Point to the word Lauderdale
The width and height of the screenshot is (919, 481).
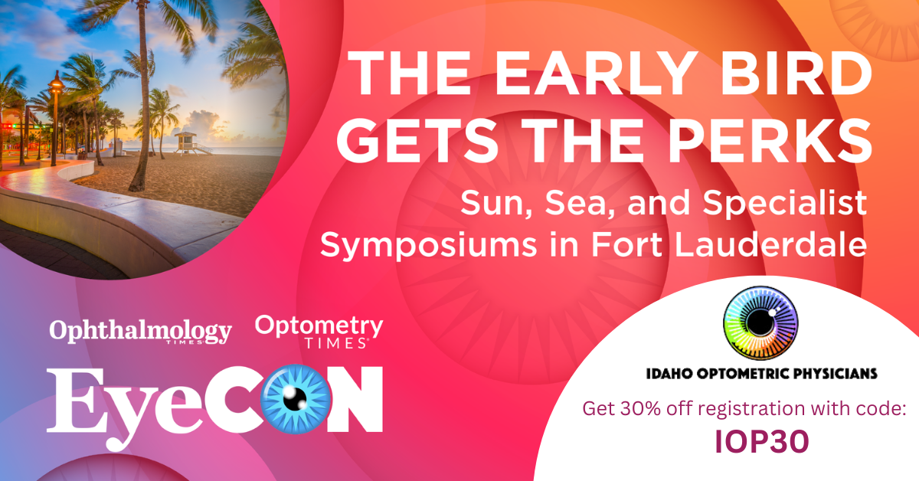tap(771, 245)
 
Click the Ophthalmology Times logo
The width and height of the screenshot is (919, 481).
tap(140, 331)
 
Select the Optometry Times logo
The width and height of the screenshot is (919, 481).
tap(319, 331)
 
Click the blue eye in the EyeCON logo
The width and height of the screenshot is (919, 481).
tap(296, 399)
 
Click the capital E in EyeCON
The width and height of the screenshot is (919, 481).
tap(77, 400)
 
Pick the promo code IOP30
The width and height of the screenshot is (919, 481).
tap(762, 442)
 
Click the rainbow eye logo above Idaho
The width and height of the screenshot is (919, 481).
tap(760, 323)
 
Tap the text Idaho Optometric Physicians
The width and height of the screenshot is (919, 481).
tap(761, 374)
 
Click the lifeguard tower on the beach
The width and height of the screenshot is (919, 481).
tap(188, 142)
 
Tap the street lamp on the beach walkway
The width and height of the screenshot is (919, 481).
tap(55, 119)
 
